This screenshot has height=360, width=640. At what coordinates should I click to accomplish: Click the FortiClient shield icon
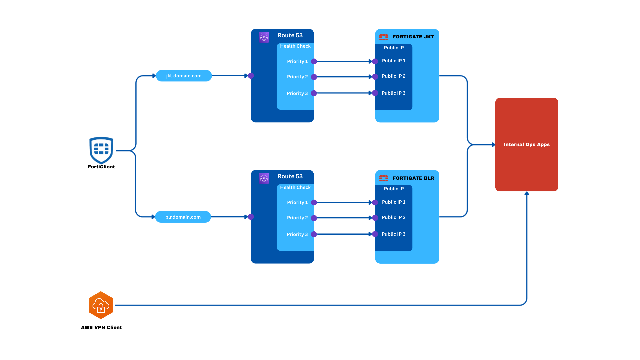click(x=101, y=150)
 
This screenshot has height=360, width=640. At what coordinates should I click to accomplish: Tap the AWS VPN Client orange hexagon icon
click(x=101, y=305)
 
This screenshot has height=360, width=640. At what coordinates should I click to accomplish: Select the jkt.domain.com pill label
click(x=184, y=76)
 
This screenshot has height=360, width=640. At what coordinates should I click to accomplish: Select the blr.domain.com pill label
click(x=183, y=217)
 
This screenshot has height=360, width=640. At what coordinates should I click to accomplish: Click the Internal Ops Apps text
click(x=527, y=144)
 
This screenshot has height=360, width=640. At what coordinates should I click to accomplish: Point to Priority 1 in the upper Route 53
click(x=297, y=61)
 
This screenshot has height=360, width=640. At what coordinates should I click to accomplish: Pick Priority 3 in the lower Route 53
click(x=297, y=234)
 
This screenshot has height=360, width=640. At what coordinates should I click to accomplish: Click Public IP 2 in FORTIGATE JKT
click(x=394, y=76)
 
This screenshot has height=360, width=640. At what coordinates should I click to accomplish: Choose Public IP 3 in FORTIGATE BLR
click(x=394, y=234)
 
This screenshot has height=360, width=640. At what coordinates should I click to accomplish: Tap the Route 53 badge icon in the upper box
click(x=264, y=37)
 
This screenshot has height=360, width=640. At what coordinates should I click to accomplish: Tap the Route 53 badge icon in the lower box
click(x=264, y=178)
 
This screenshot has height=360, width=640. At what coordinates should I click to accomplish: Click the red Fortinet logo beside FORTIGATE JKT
click(x=383, y=37)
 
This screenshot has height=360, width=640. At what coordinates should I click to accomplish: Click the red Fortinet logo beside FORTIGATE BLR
click(x=383, y=178)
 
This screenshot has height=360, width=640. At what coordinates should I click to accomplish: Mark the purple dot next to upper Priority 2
click(x=314, y=77)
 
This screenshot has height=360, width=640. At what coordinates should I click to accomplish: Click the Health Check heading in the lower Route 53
click(x=295, y=187)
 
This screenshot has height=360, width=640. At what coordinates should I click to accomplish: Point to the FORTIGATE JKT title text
click(x=413, y=37)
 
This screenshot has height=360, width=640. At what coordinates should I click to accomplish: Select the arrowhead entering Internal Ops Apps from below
click(x=527, y=194)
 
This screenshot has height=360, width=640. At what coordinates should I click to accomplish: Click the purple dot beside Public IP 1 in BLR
click(x=375, y=203)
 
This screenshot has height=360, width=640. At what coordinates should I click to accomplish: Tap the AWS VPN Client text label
click(x=101, y=327)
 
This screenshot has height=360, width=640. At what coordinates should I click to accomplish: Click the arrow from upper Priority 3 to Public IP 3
click(x=343, y=93)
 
